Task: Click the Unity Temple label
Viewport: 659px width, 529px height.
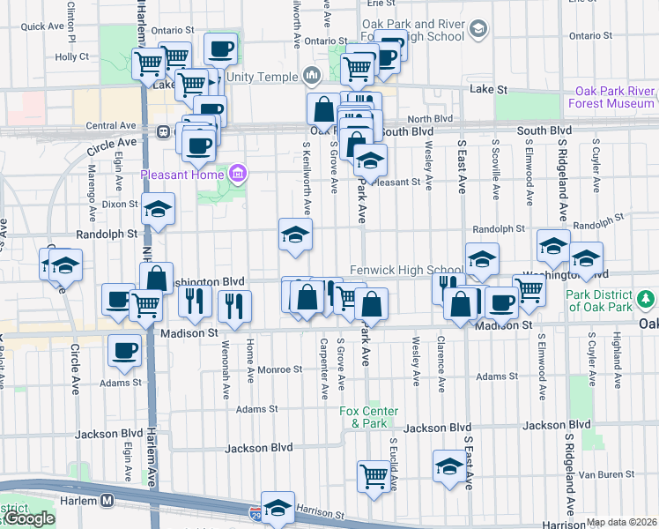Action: pyautogui.click(x=263, y=77)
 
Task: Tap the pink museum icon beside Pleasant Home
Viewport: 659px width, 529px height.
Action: pyautogui.click(x=237, y=173)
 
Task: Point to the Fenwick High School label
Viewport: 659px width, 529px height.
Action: pyautogui.click(x=406, y=269)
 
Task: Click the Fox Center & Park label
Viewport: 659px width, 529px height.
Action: pyautogui.click(x=369, y=417)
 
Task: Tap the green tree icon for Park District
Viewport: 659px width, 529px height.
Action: pyautogui.click(x=648, y=300)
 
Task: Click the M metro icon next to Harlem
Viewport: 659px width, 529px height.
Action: pyautogui.click(x=107, y=500)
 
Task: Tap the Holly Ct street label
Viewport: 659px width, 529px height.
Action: pyautogui.click(x=71, y=56)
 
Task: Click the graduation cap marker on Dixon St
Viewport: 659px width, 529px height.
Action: pyautogui.click(x=159, y=209)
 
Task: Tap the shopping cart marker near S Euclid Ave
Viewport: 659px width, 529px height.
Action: pyautogui.click(x=374, y=476)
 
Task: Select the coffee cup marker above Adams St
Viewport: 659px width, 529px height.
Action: pyautogui.click(x=124, y=350)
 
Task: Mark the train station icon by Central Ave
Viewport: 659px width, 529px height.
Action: pyautogui.click(x=164, y=131)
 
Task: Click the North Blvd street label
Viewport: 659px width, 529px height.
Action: pyautogui.click(x=430, y=118)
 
